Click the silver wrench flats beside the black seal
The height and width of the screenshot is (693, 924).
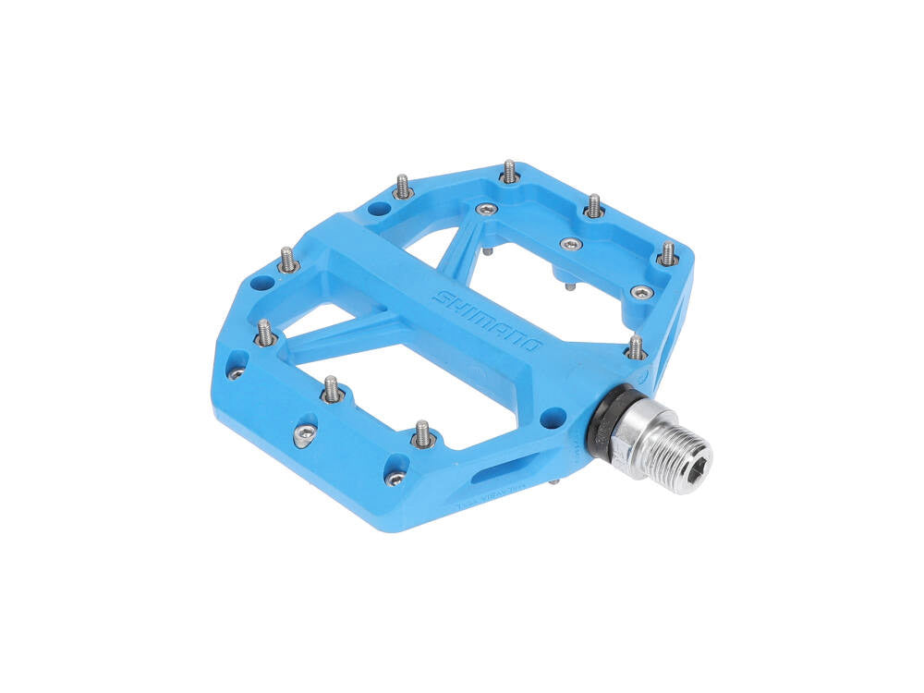click(628, 432)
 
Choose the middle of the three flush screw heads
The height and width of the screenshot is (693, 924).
click(571, 244)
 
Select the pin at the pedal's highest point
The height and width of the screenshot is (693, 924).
click(509, 171)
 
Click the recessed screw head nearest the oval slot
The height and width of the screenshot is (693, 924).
click(395, 478)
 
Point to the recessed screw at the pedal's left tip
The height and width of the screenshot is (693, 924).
click(236, 372)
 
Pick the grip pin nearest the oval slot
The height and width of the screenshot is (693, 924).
click(422, 433)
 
